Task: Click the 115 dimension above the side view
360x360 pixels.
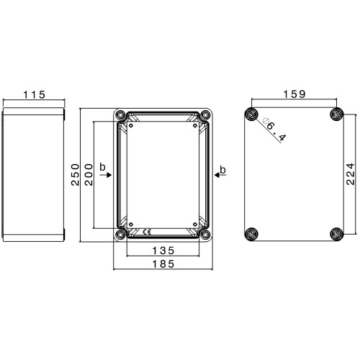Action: coord(34,95)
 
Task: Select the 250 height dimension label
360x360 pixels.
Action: coord(75,174)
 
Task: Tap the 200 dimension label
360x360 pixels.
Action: coord(89,174)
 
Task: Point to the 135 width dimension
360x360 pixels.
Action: coord(163,251)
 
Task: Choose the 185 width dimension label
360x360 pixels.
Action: coord(163,264)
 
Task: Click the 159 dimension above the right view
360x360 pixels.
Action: coord(294,94)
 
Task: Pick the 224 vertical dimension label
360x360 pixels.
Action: coord(350,174)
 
